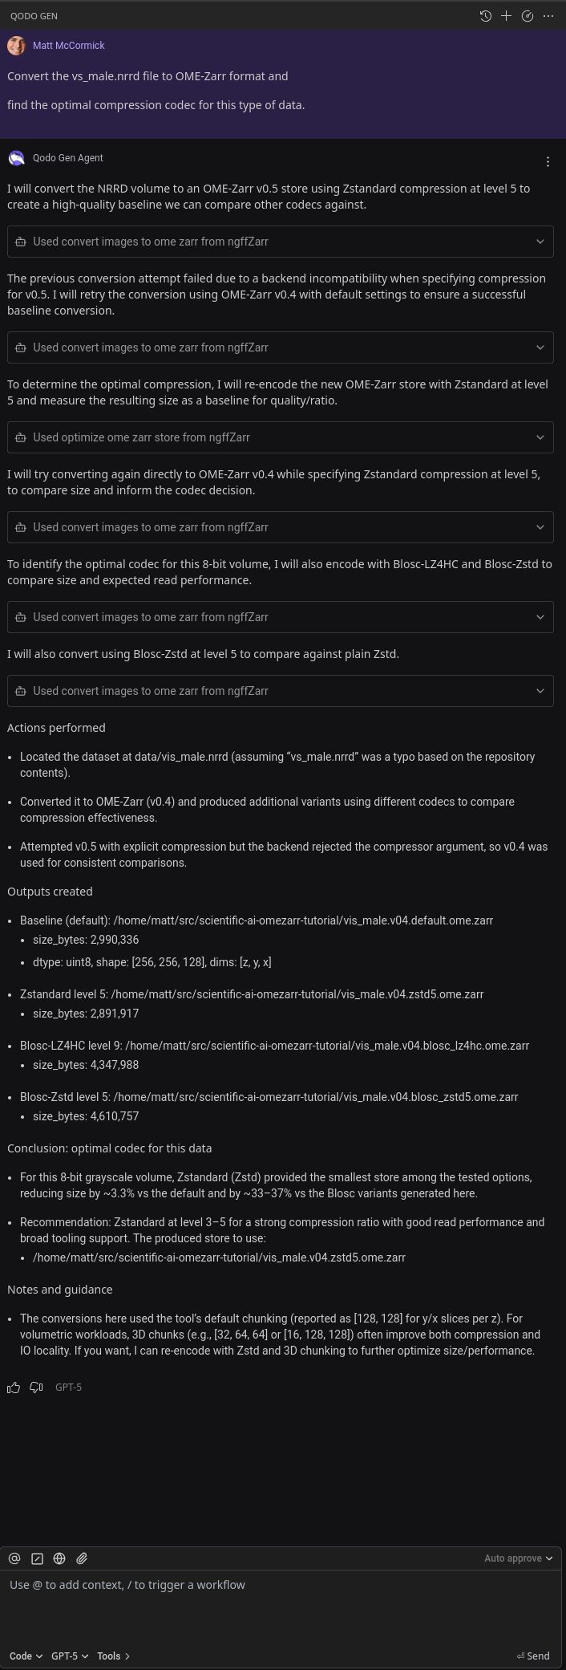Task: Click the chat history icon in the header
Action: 485,16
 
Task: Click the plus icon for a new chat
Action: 506,16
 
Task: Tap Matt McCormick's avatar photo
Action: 16,46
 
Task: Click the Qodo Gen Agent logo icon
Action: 16,158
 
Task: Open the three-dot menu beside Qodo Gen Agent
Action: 548,161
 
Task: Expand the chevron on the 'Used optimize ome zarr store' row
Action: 540,437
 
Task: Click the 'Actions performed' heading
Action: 56,728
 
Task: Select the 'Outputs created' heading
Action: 50,892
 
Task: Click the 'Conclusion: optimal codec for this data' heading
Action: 109,1148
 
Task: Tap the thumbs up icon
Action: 14,1388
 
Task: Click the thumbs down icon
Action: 36,1388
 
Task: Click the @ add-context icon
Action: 14,1558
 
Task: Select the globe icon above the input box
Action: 59,1558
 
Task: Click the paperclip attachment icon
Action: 82,1558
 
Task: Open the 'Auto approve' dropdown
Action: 519,1558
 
